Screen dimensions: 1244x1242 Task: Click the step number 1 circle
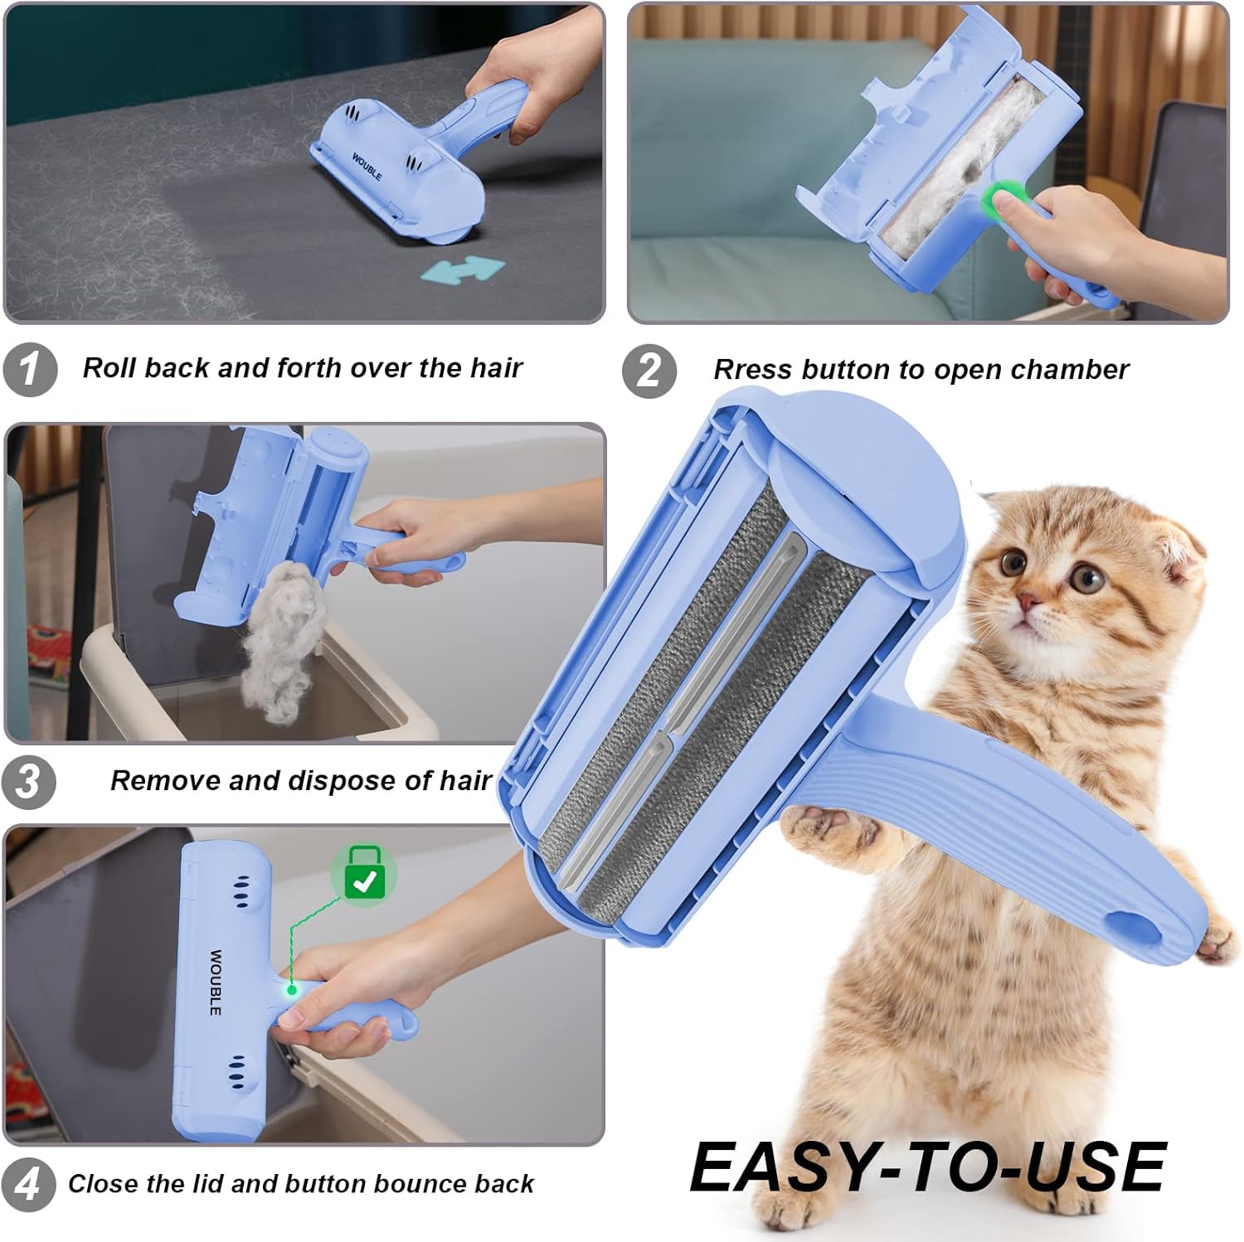(x=30, y=369)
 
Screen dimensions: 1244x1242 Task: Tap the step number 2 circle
(x=650, y=371)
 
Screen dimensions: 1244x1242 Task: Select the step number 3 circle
(x=28, y=781)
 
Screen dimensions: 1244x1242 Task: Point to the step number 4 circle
(x=28, y=1184)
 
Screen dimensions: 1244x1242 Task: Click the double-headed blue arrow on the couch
(x=463, y=269)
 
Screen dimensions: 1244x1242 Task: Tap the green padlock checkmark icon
(x=364, y=875)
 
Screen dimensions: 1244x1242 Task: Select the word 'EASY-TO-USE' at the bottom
(x=928, y=1167)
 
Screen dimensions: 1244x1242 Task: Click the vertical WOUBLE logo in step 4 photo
(x=216, y=983)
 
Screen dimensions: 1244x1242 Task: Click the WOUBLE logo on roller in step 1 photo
(x=367, y=167)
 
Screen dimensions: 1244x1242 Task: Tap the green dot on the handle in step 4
(x=292, y=990)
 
